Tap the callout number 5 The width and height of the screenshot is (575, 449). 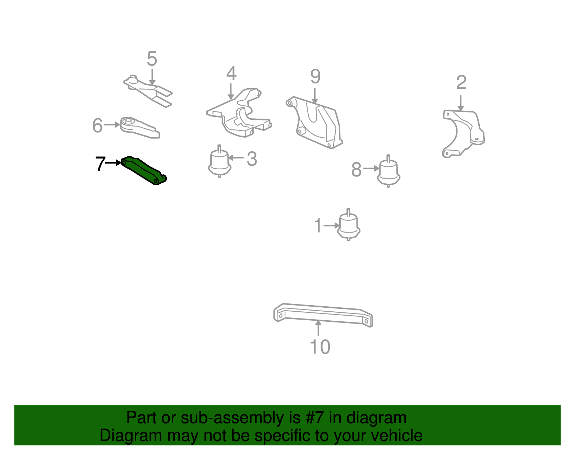(x=152, y=59)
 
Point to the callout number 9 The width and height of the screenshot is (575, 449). (x=316, y=76)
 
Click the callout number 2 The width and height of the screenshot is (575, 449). (x=461, y=82)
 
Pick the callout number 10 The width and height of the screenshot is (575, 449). (x=320, y=347)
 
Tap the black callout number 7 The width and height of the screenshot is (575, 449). (x=100, y=164)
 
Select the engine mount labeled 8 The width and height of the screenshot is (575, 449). (x=388, y=171)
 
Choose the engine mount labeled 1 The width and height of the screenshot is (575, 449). (x=349, y=225)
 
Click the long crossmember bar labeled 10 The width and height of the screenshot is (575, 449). (x=323, y=315)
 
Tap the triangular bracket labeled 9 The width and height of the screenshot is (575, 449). (x=315, y=122)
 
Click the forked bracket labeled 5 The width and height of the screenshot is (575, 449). (x=148, y=91)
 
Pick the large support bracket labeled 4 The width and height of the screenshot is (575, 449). (x=239, y=113)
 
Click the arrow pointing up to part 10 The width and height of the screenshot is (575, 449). (x=318, y=328)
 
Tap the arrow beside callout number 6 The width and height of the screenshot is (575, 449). (x=112, y=125)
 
